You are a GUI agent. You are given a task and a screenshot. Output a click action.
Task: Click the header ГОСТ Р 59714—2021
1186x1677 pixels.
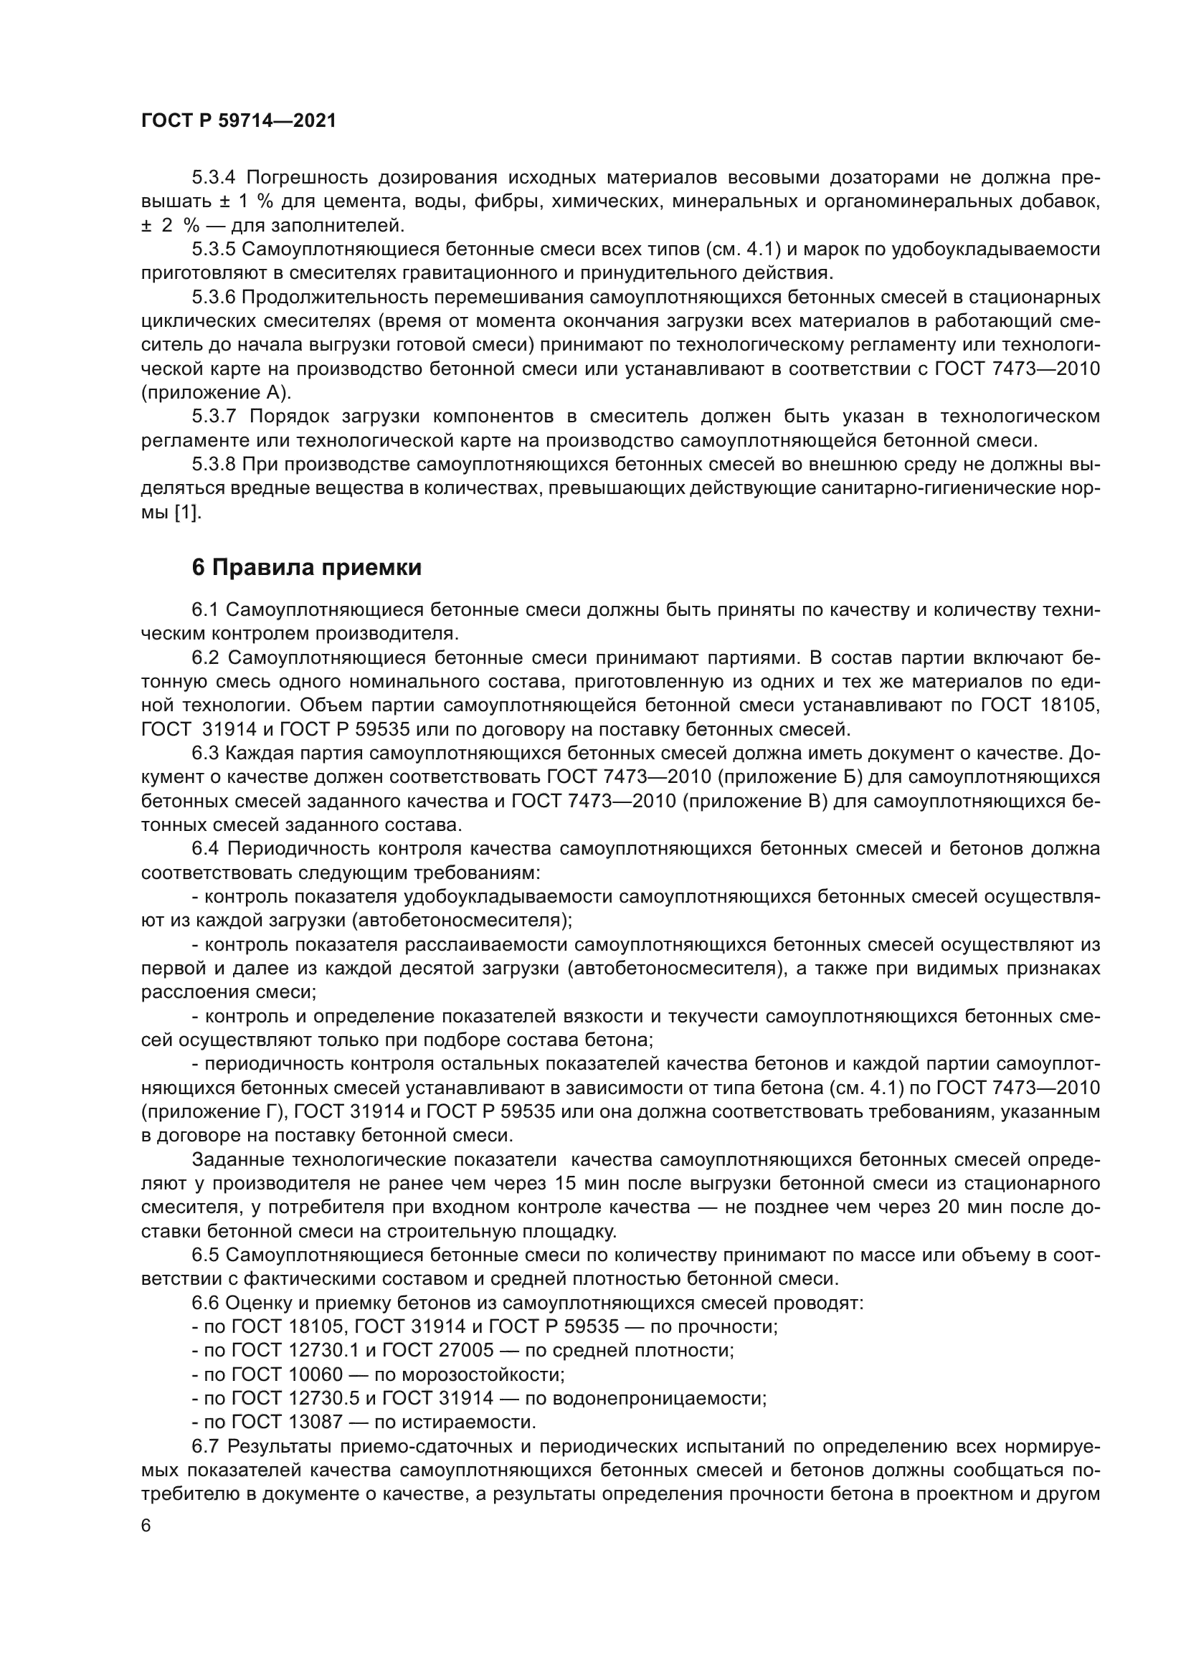click(239, 121)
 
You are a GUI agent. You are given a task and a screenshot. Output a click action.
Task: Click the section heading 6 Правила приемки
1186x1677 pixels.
click(307, 567)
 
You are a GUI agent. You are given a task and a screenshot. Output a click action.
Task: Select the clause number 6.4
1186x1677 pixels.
click(205, 849)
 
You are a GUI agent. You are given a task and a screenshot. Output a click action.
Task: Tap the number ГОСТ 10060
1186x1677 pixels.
click(286, 1374)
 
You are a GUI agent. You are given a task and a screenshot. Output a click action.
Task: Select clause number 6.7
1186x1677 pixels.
click(205, 1446)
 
